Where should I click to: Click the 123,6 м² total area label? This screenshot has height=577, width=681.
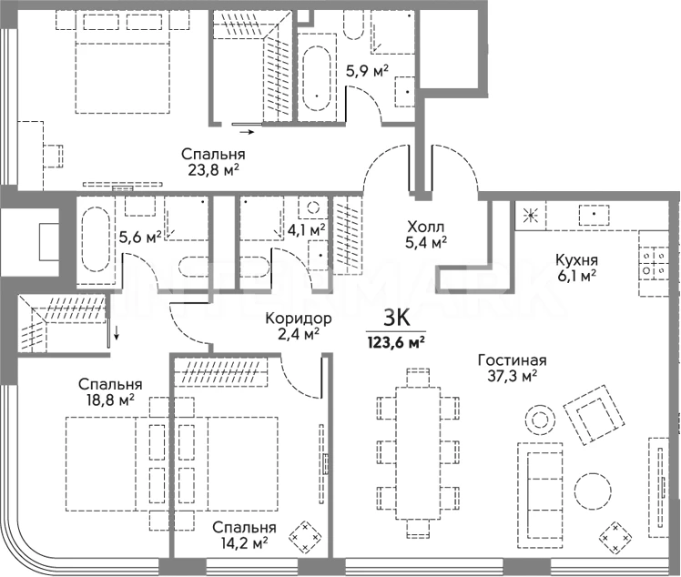(396, 342)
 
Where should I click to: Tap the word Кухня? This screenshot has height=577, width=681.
(577, 260)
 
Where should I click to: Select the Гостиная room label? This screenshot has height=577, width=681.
(512, 359)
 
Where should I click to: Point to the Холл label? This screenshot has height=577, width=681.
(426, 227)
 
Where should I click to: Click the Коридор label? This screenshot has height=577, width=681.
(299, 319)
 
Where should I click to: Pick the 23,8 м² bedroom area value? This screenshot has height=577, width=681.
(214, 170)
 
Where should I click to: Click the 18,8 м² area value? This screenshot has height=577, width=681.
(110, 400)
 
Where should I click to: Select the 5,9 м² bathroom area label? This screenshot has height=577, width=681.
(367, 71)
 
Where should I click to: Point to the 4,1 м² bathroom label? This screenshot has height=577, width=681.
(307, 229)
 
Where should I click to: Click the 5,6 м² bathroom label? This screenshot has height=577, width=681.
(140, 237)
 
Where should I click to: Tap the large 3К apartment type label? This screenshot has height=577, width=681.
(397, 319)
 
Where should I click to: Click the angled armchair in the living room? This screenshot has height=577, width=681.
(594, 415)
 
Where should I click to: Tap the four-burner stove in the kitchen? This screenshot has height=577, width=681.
(654, 263)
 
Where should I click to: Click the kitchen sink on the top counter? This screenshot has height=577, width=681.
(594, 215)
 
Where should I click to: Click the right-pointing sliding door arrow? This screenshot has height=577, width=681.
(247, 132)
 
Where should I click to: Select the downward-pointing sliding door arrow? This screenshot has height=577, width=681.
(117, 332)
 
